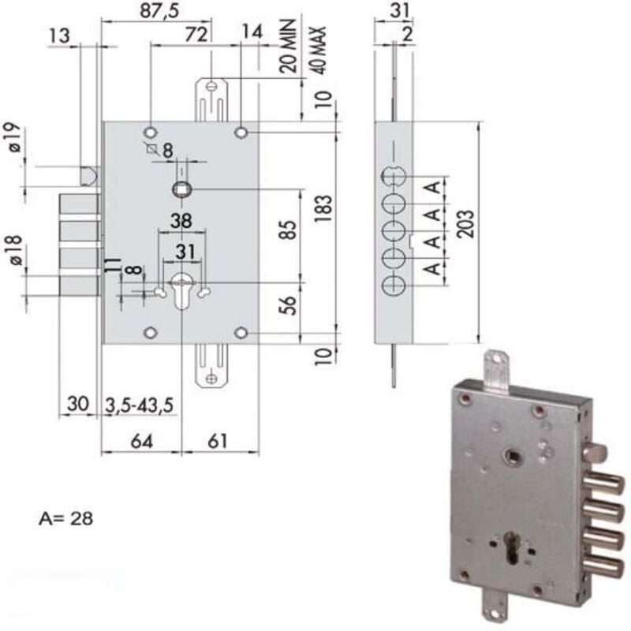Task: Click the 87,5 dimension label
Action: click(x=159, y=11)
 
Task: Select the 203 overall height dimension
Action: click(x=466, y=224)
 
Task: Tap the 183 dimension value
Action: click(x=323, y=208)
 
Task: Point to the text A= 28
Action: click(x=66, y=518)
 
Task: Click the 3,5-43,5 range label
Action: click(x=140, y=405)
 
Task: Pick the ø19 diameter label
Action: click(x=14, y=137)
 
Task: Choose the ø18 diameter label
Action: click(x=14, y=250)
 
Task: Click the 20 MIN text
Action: click(x=288, y=46)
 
